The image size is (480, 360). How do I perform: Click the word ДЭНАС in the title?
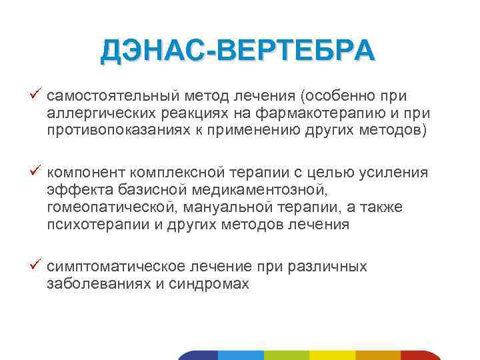click(x=153, y=51)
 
